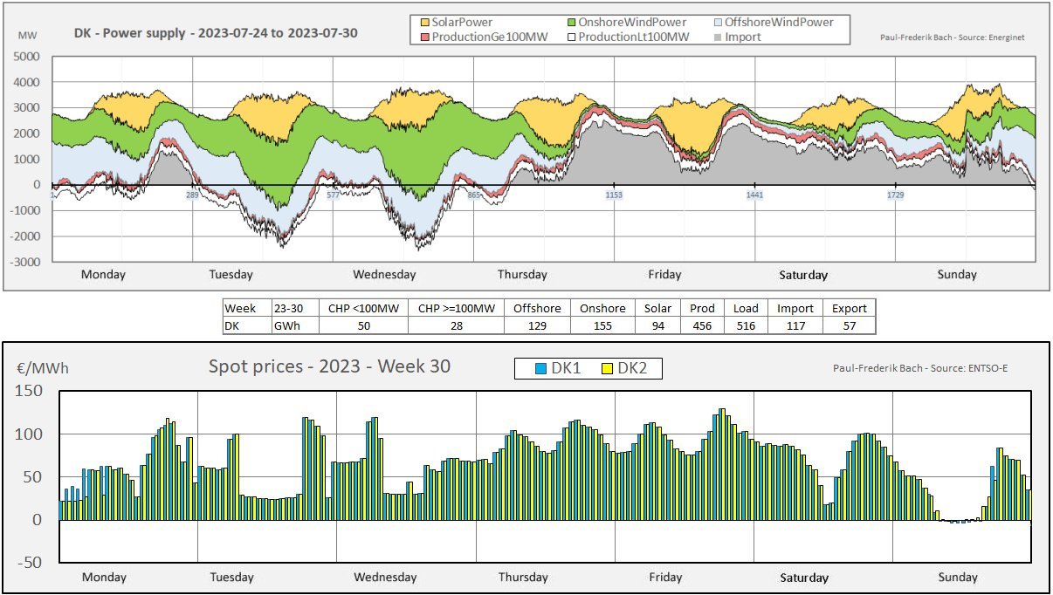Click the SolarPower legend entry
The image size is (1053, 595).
pyautogui.click(x=460, y=22)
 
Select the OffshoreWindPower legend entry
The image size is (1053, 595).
pyautogui.click(x=786, y=22)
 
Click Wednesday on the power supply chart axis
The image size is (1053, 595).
pyautogui.click(x=384, y=274)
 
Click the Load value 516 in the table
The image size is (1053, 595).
pyautogui.click(x=746, y=325)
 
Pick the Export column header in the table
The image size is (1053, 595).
pyautogui.click(x=849, y=308)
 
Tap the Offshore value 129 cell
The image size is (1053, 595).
pyautogui.click(x=537, y=325)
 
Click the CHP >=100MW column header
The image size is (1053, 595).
pyautogui.click(x=456, y=308)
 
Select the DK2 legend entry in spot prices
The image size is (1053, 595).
pyautogui.click(x=630, y=368)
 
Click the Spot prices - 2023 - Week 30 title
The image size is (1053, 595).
pyautogui.click(x=329, y=366)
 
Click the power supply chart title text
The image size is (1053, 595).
pyautogui.click(x=215, y=33)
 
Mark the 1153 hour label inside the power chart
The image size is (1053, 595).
pyautogui.click(x=614, y=195)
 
